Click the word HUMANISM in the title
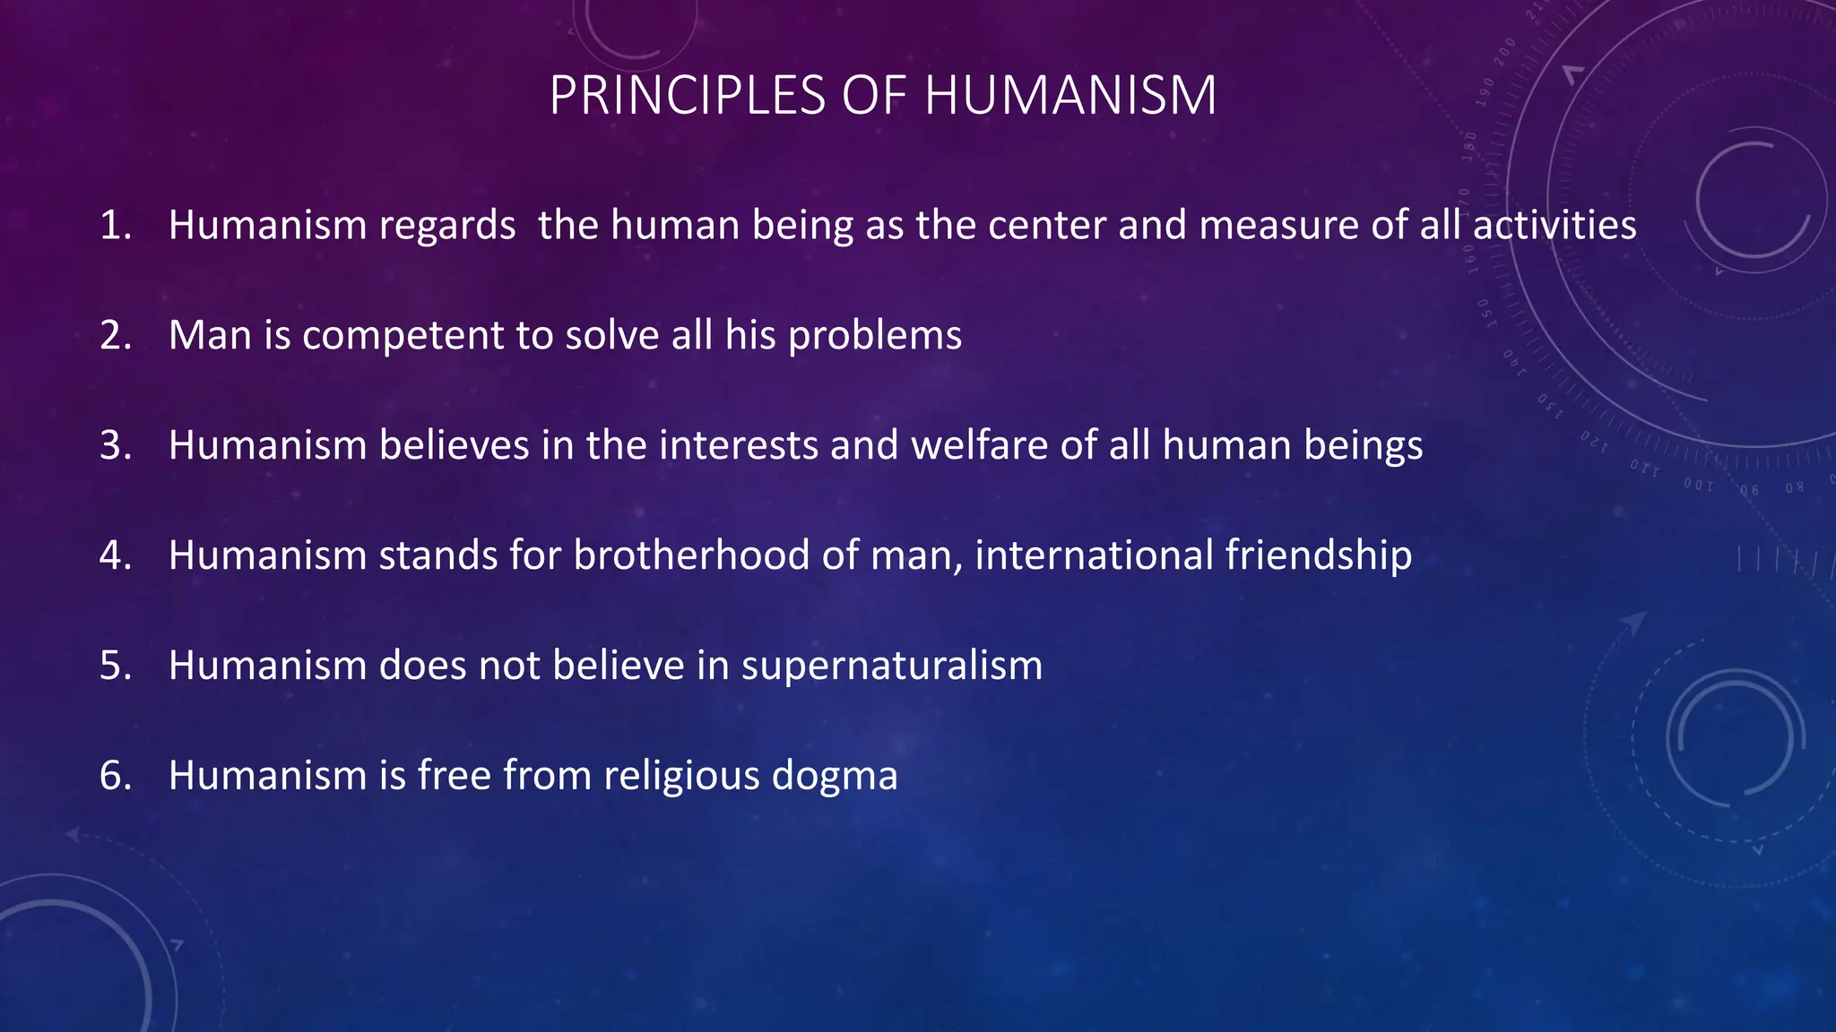coord(1070,95)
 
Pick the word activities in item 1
coord(1555,225)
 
